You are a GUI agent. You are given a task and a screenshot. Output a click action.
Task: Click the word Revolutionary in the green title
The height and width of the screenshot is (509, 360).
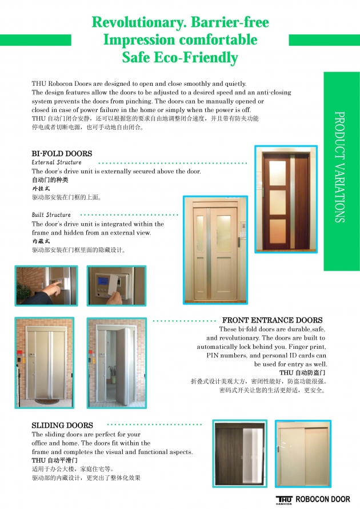[129, 22]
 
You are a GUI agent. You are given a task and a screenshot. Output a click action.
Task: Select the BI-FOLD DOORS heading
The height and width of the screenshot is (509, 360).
[62, 153]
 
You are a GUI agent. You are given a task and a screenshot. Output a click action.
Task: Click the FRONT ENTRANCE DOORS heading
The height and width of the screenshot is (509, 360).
[272, 320]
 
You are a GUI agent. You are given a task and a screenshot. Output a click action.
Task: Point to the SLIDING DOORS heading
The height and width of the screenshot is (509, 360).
[62, 426]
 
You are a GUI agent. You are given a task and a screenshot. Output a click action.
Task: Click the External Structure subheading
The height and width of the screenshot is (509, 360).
[57, 162]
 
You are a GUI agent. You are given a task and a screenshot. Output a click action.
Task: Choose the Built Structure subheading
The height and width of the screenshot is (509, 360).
[51, 215]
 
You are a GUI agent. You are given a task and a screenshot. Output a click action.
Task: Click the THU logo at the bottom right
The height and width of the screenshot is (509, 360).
[284, 499]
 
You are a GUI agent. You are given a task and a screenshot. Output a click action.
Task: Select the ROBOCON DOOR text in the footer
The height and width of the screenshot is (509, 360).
[323, 499]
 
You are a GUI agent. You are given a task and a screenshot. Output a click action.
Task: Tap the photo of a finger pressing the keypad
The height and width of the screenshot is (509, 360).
[46, 285]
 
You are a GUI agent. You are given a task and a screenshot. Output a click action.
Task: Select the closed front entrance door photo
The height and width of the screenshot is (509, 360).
[45, 363]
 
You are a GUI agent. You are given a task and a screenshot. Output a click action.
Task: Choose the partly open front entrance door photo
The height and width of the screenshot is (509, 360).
[117, 363]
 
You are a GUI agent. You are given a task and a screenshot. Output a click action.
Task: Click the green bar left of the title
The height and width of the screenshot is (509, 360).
[35, 40]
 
